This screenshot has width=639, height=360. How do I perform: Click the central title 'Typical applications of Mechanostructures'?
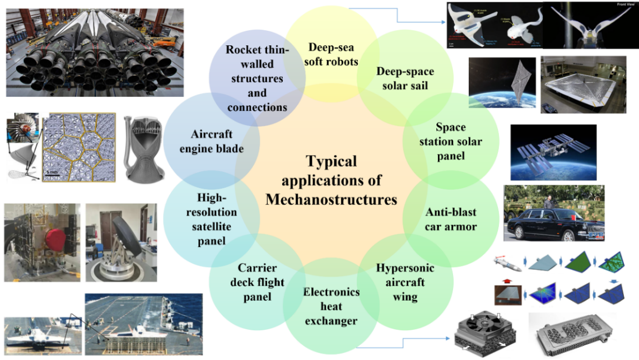click(x=332, y=180)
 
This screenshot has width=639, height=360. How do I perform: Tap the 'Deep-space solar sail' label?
click(x=405, y=79)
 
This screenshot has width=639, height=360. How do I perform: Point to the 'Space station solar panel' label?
click(x=450, y=142)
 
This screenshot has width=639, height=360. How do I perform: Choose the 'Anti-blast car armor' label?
click(x=451, y=219)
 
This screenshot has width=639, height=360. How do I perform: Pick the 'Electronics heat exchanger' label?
click(x=332, y=306)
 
